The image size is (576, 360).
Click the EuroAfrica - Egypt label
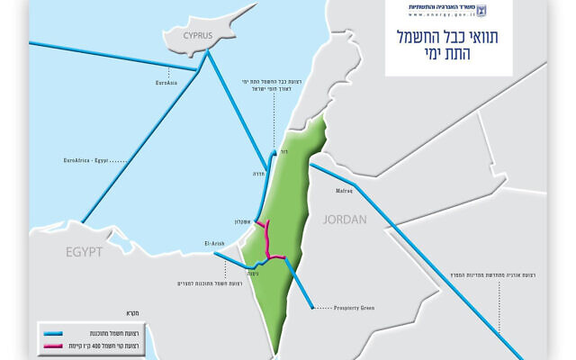coord(87,159)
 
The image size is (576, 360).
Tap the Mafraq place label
coord(345,190)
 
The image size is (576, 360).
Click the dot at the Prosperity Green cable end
coord(311,308)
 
